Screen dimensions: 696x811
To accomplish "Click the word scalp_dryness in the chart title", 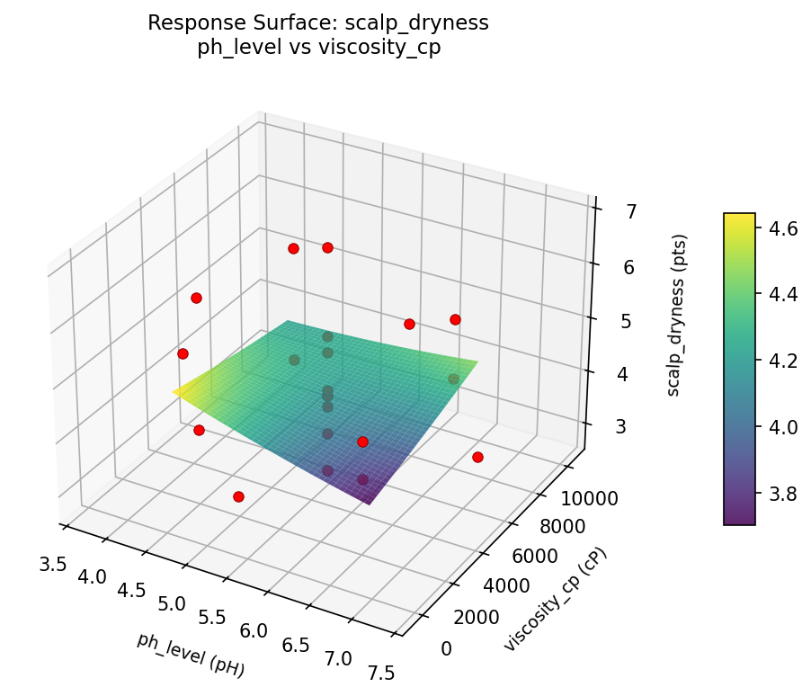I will coord(431,23).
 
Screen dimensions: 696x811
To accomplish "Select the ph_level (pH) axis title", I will coord(191,655).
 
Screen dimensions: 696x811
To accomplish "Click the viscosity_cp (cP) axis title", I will coord(555,600).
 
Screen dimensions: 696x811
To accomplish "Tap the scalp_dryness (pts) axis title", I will coord(680,315).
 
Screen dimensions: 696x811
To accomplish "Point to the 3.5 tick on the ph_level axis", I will coord(54,565).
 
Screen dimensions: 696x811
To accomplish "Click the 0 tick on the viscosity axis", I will coord(446,648).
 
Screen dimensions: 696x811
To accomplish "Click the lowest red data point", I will coord(238,496).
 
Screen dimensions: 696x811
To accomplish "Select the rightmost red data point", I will coord(477,457).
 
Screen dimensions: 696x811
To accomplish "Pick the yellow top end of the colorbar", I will coord(739,217).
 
